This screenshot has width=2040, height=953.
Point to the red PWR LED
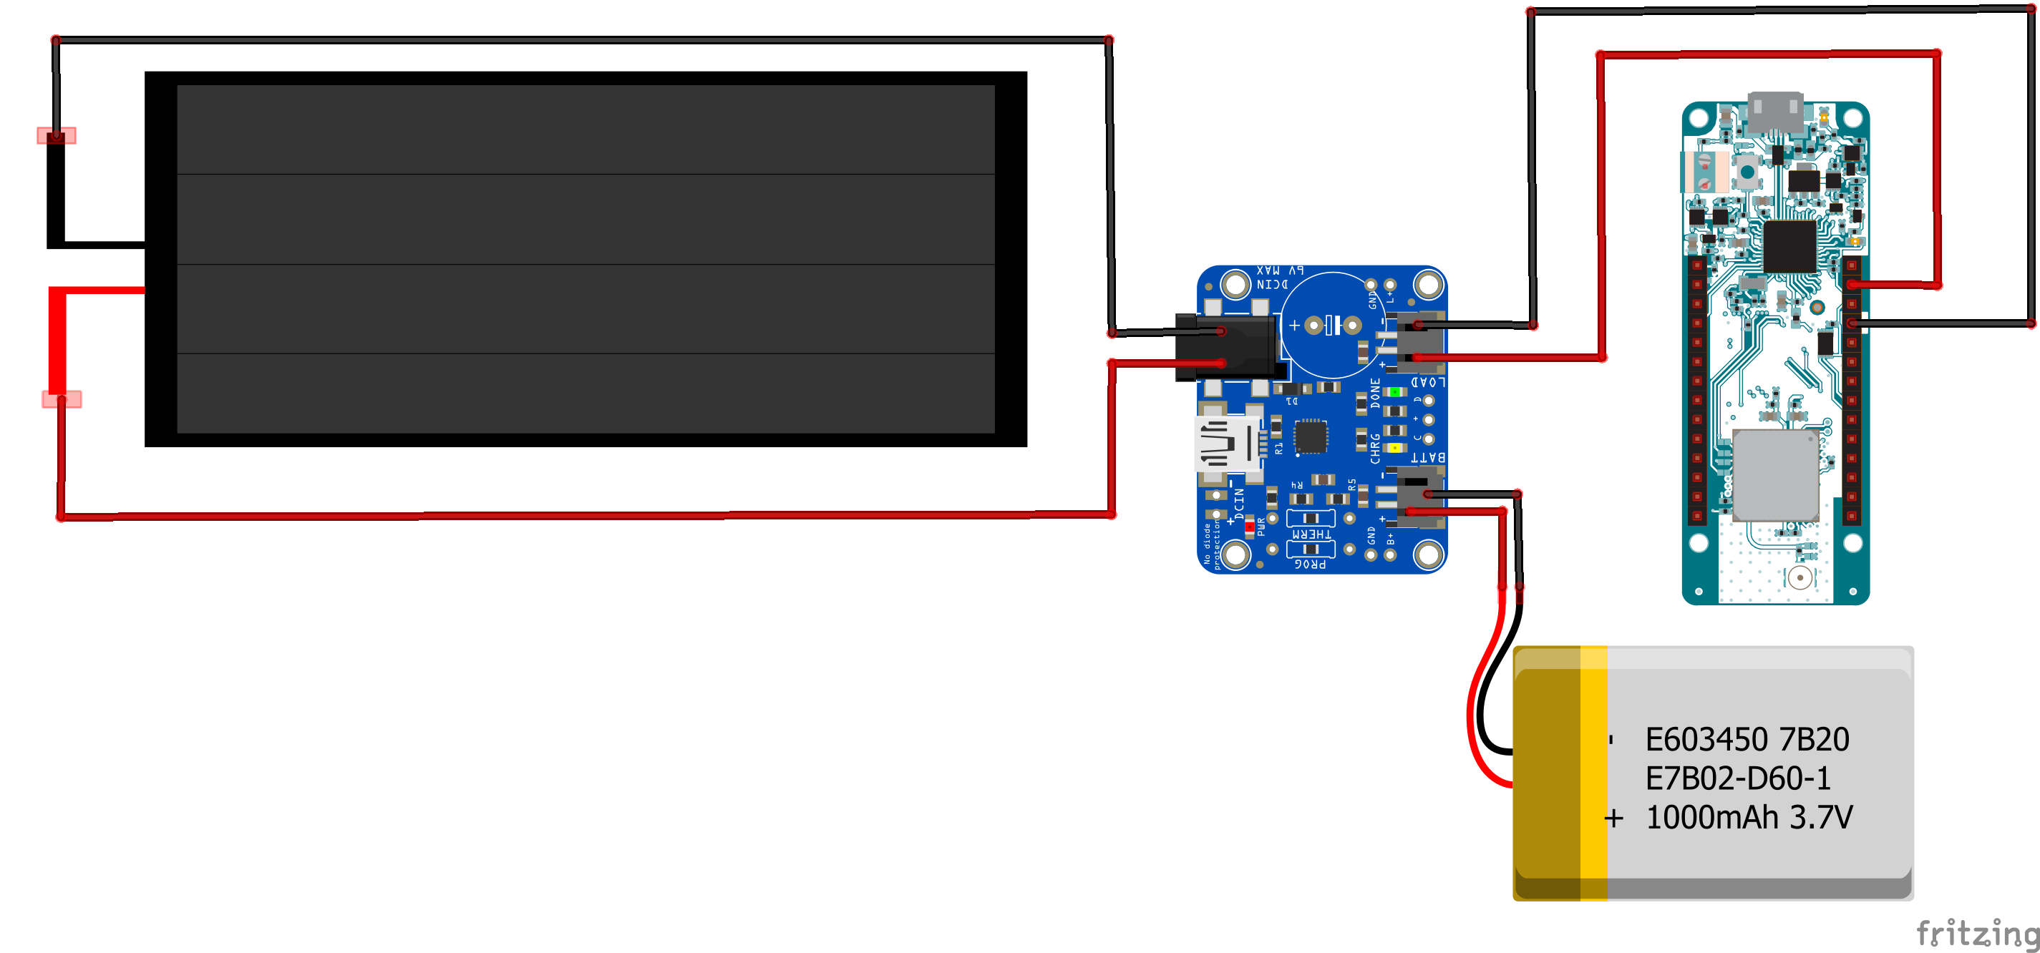[1250, 527]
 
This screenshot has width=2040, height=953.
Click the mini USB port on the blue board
[1225, 444]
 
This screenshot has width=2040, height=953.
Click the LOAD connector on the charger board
[1417, 341]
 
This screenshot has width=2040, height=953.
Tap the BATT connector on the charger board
[1417, 497]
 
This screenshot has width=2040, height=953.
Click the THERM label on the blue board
[1311, 534]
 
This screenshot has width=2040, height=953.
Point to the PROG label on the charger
[1310, 564]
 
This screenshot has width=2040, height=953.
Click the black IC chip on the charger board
[1311, 437]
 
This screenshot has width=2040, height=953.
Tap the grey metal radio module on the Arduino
[1775, 475]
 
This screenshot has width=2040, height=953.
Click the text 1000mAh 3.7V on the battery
[1749, 818]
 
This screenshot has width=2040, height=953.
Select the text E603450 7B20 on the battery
[1747, 740]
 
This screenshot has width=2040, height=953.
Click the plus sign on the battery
[1614, 818]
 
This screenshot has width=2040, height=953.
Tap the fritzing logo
[1976, 933]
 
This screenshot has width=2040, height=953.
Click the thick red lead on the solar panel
[58, 341]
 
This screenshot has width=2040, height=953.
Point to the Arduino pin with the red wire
[1852, 285]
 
